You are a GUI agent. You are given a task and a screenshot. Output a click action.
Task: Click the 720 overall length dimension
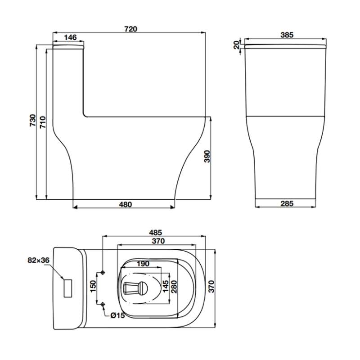[131, 29]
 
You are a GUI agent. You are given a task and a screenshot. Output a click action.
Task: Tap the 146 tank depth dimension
[70, 37]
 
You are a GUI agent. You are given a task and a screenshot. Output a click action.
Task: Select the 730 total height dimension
[33, 120]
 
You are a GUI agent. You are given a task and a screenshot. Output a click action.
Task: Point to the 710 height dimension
[43, 122]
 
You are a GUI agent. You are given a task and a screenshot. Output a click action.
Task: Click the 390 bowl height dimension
[207, 156]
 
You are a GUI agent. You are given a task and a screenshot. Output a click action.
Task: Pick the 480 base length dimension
[126, 204]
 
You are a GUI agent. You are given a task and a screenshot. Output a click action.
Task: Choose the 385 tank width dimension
[287, 35]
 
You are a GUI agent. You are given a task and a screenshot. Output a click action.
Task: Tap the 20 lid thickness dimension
[236, 45]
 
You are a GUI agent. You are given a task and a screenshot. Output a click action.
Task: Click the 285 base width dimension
[287, 203]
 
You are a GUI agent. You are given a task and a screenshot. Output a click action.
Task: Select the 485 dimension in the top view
[155, 233]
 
